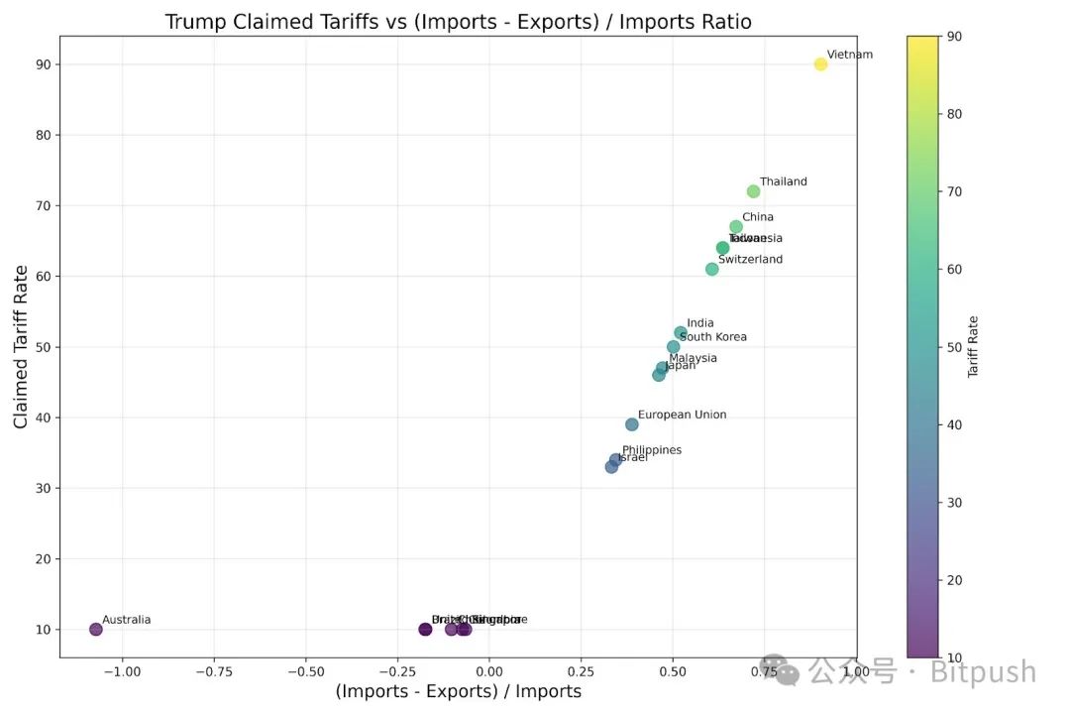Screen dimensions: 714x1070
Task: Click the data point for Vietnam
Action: click(x=820, y=64)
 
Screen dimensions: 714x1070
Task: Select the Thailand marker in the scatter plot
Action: click(x=753, y=191)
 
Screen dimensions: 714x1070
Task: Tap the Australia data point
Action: click(x=96, y=629)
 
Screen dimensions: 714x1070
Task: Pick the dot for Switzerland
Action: click(x=711, y=269)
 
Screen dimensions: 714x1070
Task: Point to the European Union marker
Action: click(x=632, y=424)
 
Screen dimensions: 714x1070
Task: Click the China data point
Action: click(x=736, y=227)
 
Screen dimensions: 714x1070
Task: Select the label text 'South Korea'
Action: click(x=713, y=337)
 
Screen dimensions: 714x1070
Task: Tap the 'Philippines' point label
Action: click(x=652, y=450)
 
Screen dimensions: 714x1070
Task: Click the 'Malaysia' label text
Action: click(x=693, y=358)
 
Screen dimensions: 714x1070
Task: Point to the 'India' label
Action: click(x=699, y=323)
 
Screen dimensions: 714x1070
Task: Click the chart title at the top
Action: click(x=458, y=22)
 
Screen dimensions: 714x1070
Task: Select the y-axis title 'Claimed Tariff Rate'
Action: click(x=21, y=346)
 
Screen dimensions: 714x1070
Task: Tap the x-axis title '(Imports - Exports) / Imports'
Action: click(x=458, y=691)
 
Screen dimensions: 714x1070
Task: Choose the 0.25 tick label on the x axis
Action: click(x=581, y=671)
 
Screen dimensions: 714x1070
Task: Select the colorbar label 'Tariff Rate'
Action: click(x=973, y=346)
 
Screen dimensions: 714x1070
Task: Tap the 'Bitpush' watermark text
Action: click(x=983, y=672)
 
